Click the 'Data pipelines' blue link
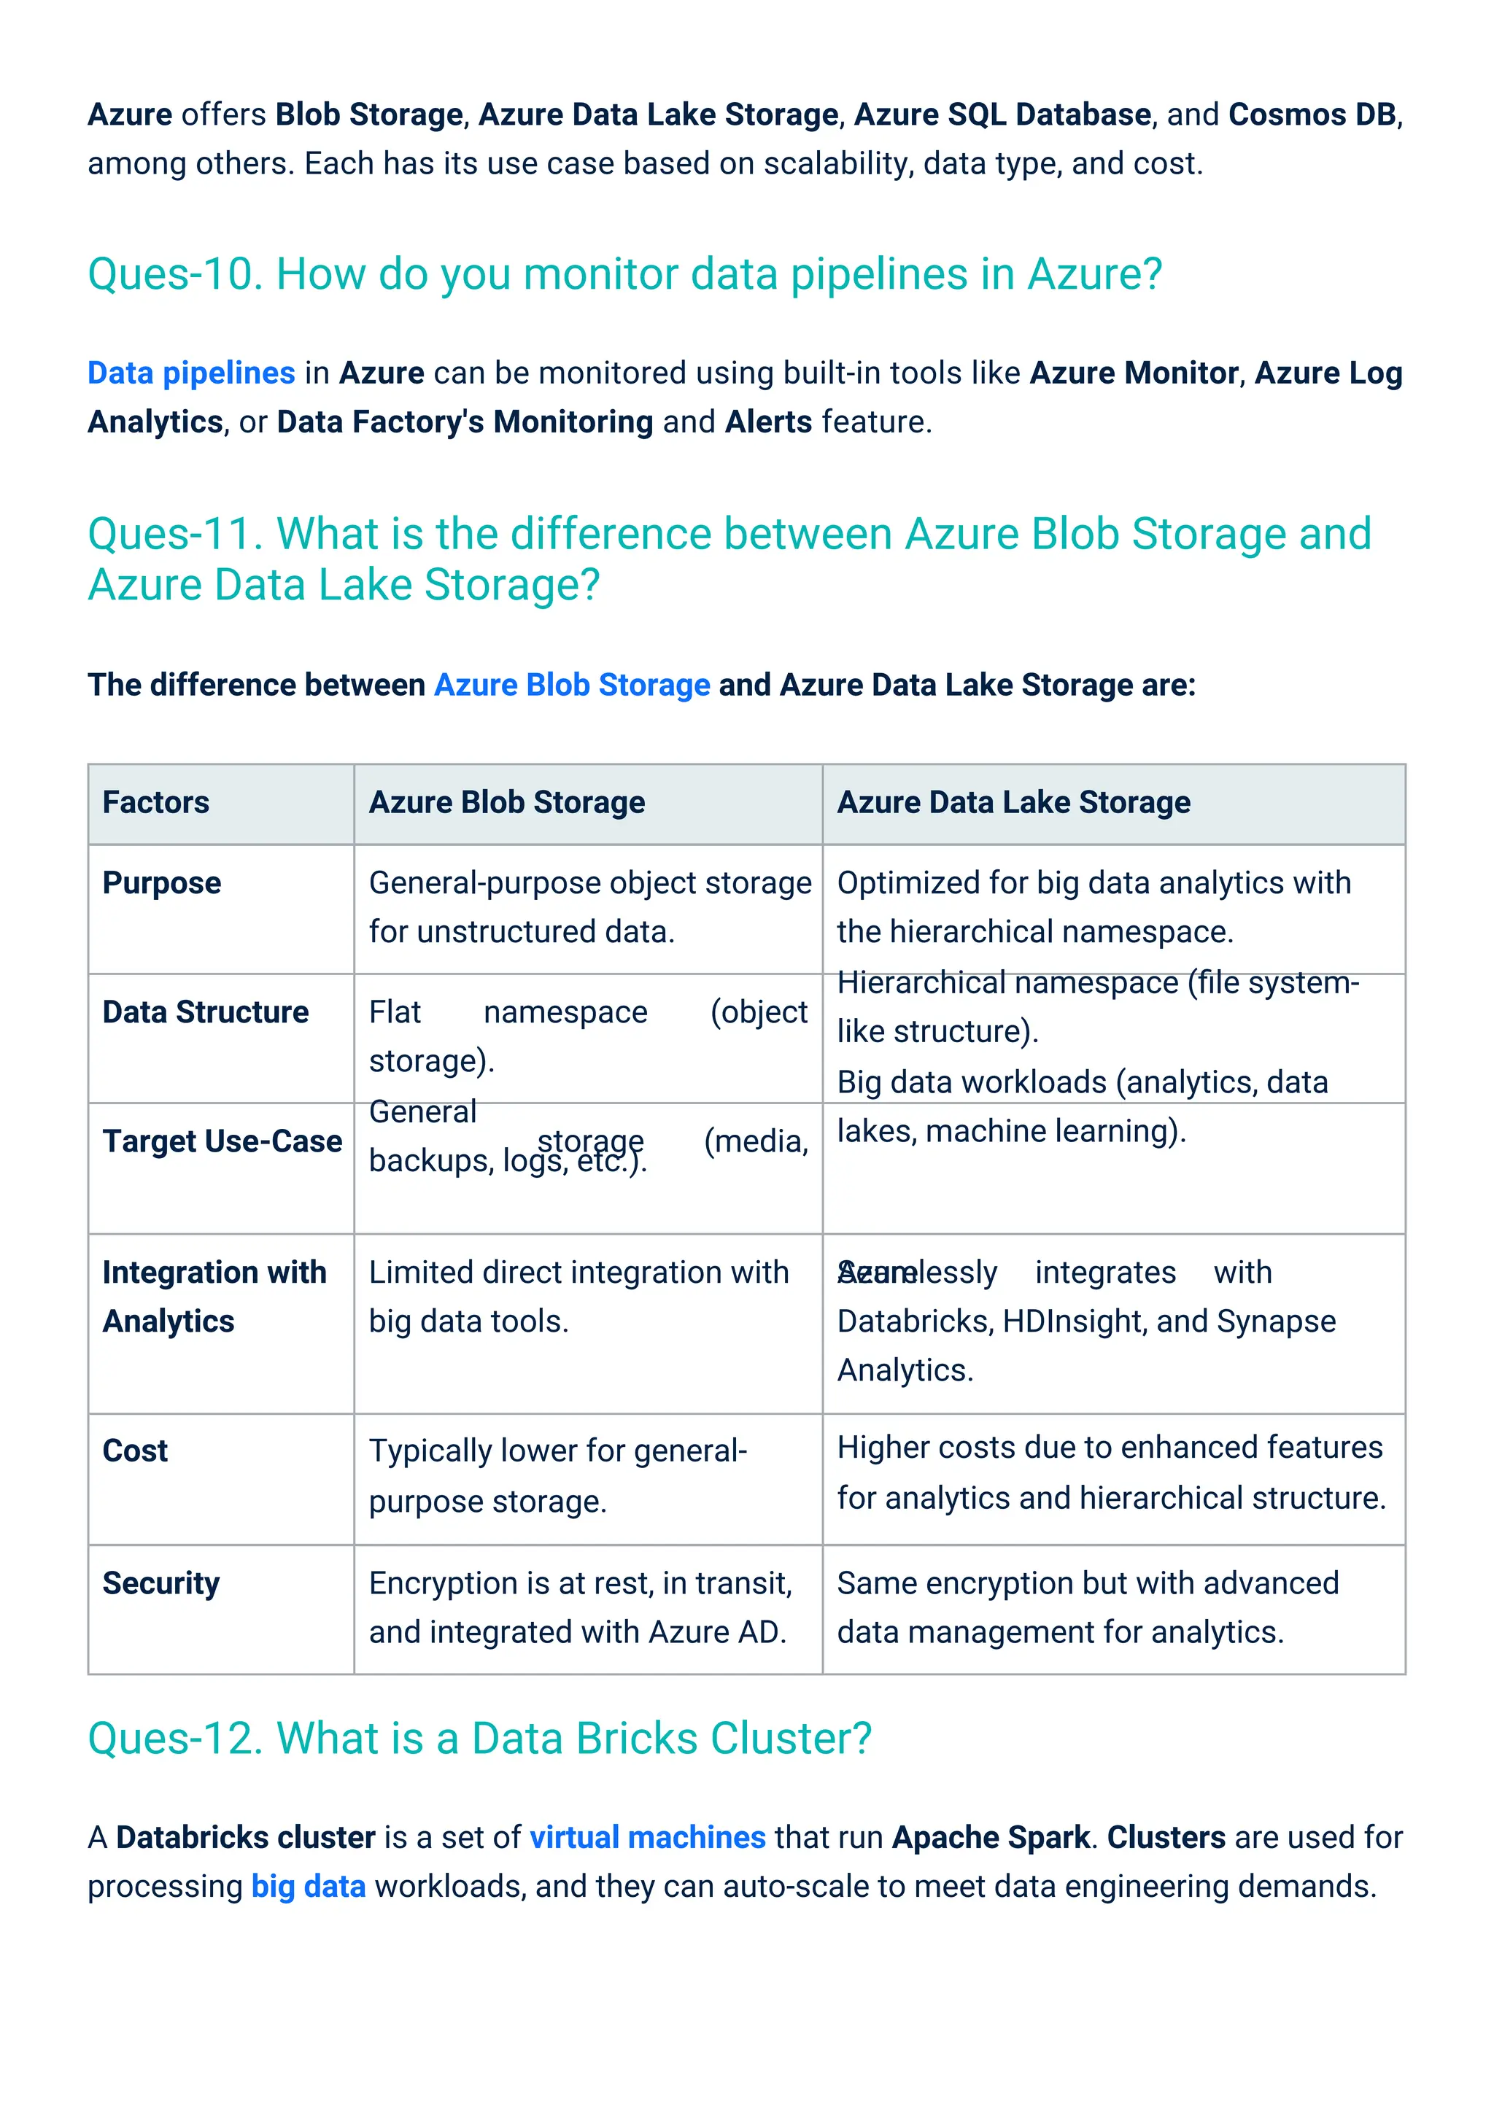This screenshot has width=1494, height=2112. click(x=191, y=373)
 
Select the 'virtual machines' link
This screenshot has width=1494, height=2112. click(x=648, y=1837)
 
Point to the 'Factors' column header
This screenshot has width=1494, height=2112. click(x=156, y=802)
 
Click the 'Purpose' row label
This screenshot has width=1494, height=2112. click(x=162, y=883)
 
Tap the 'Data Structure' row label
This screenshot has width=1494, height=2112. click(x=205, y=1012)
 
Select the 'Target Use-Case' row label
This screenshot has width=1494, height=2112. click(x=222, y=1141)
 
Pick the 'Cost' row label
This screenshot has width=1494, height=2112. click(x=135, y=1451)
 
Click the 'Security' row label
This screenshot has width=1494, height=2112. click(x=161, y=1583)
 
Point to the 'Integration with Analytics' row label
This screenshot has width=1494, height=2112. click(x=214, y=1296)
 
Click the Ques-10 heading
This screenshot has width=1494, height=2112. click(x=624, y=274)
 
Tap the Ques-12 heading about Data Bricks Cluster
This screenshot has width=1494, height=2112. click(x=479, y=1739)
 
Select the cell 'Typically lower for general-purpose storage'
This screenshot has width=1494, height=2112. click(x=557, y=1475)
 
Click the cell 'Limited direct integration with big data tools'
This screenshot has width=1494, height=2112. click(x=578, y=1296)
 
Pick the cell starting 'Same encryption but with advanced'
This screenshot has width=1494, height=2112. click(x=1088, y=1607)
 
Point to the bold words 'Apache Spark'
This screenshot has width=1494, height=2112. click(x=991, y=1837)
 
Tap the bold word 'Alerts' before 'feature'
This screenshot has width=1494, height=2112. click(x=768, y=422)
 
